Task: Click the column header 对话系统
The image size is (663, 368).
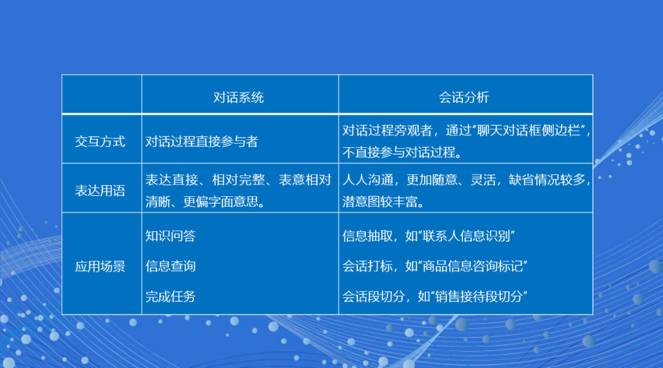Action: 239,97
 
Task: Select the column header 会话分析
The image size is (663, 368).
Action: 464,97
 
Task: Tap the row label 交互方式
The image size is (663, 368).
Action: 100,142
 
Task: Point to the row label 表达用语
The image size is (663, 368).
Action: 100,190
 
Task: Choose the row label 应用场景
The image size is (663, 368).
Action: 100,266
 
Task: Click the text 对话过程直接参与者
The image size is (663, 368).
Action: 202,142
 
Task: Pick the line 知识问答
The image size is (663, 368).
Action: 171,236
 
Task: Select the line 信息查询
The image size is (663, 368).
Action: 171,266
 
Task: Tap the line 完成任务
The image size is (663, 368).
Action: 171,297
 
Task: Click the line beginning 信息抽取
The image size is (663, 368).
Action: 428,236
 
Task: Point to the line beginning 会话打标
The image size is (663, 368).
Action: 436,266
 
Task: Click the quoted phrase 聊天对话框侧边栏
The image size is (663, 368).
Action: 524,131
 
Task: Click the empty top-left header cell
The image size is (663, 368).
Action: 102,94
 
